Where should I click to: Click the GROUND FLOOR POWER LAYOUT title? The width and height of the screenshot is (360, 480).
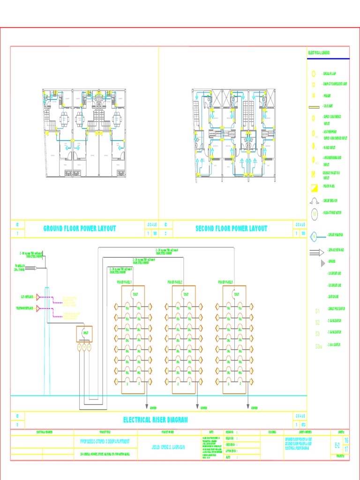80,229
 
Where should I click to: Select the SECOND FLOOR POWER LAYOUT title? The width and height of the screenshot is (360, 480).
231,229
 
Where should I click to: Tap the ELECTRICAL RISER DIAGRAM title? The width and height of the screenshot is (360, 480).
155,420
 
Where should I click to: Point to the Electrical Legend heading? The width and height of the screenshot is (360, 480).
319,53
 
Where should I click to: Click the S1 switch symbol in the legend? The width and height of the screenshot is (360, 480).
317,311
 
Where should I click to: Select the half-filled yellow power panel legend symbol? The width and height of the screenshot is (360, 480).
314,187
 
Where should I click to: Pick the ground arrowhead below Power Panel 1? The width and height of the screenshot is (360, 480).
147,406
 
